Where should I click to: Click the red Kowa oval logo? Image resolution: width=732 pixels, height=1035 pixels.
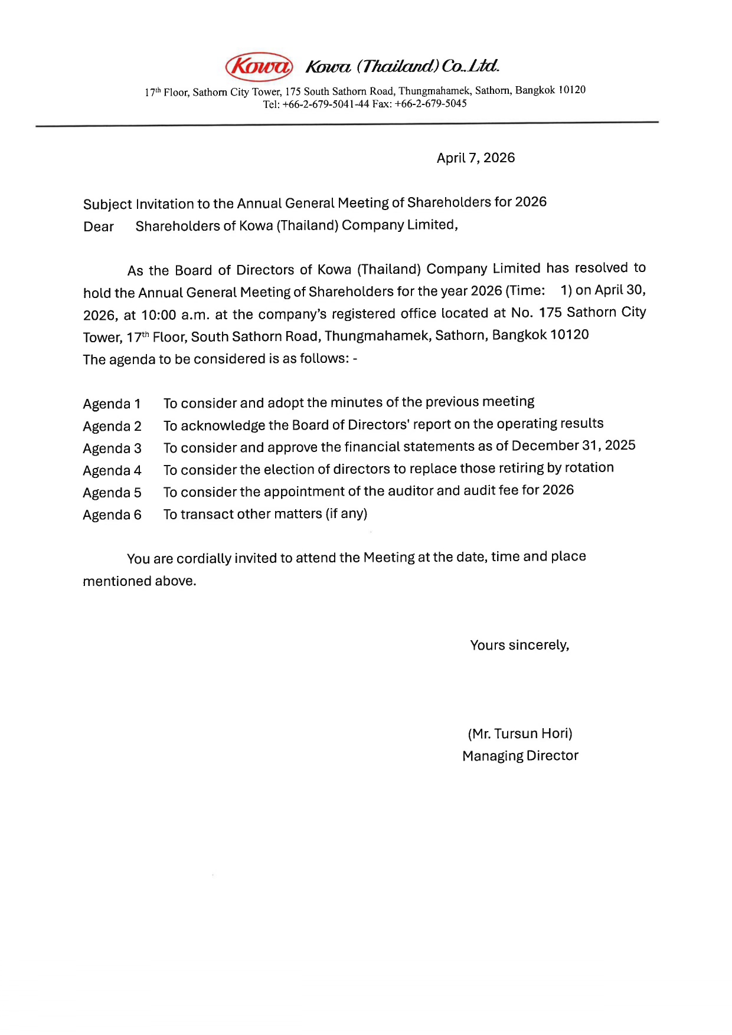coord(259,67)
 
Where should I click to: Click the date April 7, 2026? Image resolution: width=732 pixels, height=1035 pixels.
coord(475,158)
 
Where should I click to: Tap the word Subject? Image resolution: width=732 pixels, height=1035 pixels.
coord(107,205)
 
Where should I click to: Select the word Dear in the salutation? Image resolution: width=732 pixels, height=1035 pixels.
coord(99,227)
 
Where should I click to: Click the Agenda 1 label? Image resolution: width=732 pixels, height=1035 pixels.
coord(112,404)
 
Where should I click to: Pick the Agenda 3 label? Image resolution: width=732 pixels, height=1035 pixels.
coord(112,448)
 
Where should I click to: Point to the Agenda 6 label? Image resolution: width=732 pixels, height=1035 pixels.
coord(112,515)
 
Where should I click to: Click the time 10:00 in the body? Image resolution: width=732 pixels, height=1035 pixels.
coord(159,315)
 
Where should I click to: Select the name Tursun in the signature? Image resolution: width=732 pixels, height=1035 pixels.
coord(515,734)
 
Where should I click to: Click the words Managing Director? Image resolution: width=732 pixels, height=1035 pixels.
coord(520,756)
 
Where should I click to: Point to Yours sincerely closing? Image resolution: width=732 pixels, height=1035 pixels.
coord(519,646)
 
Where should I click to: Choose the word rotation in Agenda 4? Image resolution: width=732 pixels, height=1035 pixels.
coord(589,468)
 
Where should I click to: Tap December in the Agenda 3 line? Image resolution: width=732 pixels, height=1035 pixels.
coord(545,446)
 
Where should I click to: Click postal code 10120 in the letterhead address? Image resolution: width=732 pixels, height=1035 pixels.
coord(571,90)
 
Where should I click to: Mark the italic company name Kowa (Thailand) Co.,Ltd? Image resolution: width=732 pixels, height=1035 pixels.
coord(402,66)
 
